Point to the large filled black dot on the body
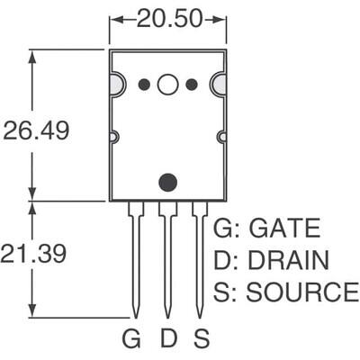point(167,182)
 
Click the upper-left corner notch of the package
point(116,85)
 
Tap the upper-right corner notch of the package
point(219,85)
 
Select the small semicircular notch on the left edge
point(113,137)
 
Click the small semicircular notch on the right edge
point(221,137)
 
